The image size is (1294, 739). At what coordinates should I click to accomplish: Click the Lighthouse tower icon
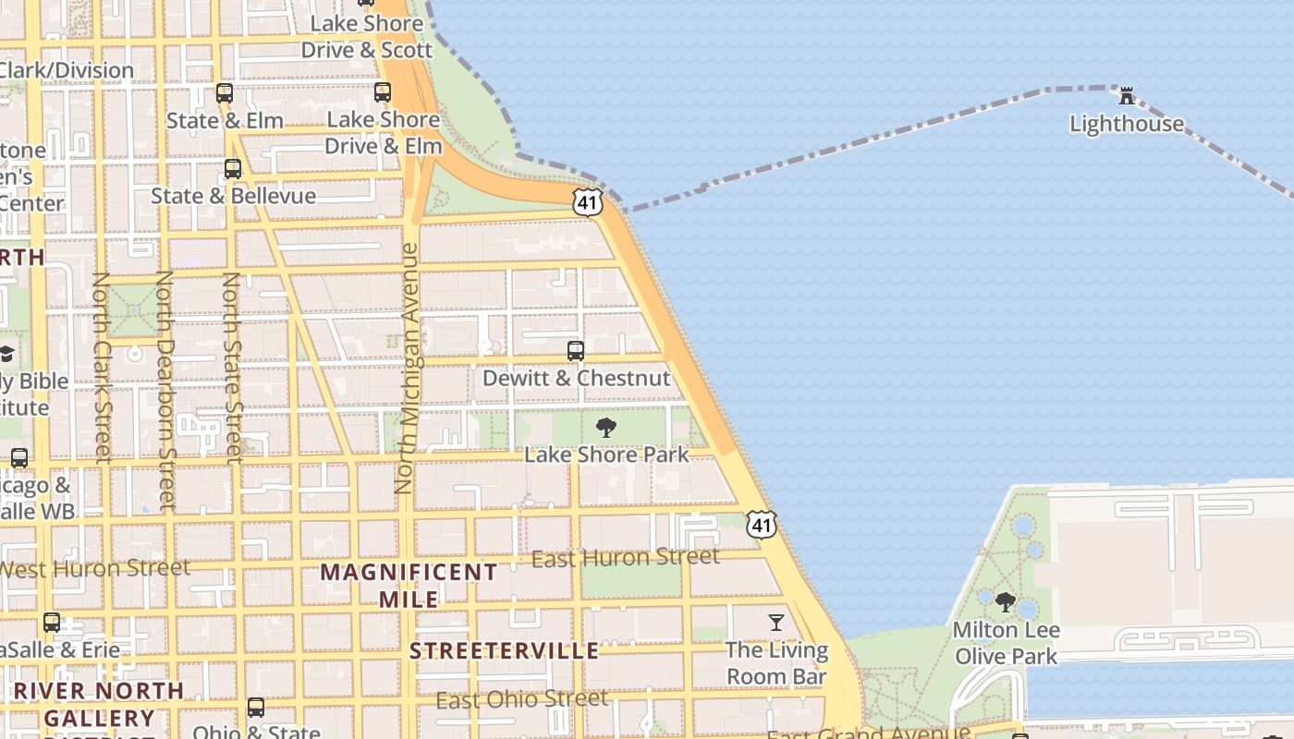pos(1126,95)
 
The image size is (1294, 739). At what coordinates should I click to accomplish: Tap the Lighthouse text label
pos(1126,124)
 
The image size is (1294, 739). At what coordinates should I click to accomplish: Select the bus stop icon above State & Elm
pos(225,93)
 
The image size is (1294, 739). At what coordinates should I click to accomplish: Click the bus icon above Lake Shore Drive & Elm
pos(383,92)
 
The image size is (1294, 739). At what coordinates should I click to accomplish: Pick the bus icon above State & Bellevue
pos(233,169)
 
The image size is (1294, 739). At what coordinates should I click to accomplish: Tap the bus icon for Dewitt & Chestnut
pos(576,351)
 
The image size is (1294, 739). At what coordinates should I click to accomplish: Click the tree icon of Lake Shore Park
pos(606,427)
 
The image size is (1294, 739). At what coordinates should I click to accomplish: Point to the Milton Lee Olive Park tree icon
pos(1006,602)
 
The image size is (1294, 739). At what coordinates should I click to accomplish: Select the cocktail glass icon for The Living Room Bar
pos(776,623)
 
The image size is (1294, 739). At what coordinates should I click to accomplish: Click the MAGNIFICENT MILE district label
pos(409,585)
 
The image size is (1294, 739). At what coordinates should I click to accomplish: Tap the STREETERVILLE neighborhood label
pos(505,651)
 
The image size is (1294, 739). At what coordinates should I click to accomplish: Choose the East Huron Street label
pos(626,557)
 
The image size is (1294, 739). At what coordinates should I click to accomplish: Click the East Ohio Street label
pos(522,699)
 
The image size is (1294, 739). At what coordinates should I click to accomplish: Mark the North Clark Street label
pos(103,367)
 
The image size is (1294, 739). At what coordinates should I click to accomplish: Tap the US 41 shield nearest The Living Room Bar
pos(762,525)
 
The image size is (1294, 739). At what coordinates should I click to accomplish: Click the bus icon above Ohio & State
pos(256,708)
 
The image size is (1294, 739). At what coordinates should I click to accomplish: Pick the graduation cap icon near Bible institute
pos(6,354)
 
